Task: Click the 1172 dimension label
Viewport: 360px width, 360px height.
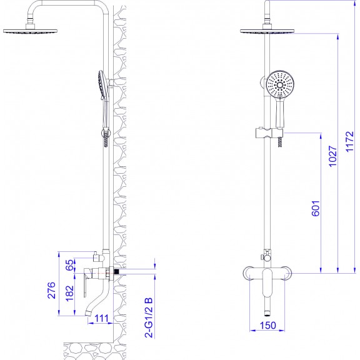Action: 350,141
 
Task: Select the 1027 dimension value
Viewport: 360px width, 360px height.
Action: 333,156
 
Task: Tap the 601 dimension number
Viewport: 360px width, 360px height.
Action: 316,208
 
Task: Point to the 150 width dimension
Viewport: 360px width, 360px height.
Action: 268,325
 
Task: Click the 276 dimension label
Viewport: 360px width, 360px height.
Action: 51,290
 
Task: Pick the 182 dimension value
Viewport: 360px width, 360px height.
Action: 69,293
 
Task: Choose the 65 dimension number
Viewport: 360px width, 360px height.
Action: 70,265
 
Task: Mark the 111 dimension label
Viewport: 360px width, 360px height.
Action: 101,319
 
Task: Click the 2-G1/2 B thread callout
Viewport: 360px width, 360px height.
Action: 149,317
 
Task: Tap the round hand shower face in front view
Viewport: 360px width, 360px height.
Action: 281,85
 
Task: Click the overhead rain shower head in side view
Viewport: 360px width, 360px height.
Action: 30,31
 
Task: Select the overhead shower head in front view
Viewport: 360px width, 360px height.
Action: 267,31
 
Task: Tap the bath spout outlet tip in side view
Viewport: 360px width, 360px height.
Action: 88,313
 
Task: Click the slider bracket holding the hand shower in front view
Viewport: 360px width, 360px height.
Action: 269,133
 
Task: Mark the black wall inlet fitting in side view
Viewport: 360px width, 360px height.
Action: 116,272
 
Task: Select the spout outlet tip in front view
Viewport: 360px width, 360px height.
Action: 267,312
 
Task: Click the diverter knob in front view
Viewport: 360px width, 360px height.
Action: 261,257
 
